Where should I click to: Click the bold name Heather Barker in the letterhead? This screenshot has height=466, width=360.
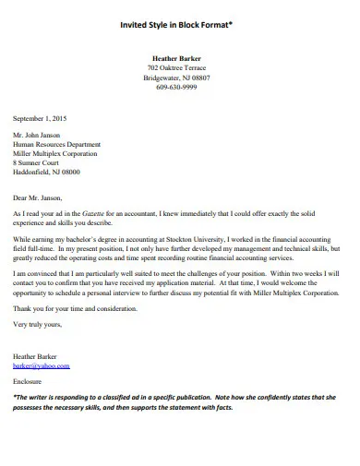point(176,59)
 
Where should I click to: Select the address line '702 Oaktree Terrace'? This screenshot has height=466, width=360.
point(176,68)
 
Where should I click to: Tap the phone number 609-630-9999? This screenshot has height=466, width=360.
point(176,88)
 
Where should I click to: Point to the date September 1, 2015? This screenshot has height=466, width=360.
point(40,118)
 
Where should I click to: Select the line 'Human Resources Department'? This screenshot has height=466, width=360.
point(55,144)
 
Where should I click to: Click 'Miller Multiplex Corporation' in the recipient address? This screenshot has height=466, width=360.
point(54,153)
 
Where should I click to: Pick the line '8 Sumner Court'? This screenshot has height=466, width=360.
point(36,162)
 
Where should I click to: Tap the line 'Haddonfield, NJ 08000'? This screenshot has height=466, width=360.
point(46,172)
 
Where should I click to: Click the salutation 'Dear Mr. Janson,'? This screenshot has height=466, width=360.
point(39,197)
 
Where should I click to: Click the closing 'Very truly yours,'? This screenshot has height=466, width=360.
point(38,324)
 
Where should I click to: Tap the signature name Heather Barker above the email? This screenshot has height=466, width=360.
point(36,355)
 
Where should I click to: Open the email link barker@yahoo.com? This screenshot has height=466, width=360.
point(41,365)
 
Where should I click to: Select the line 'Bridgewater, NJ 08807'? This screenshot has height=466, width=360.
point(176,78)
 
